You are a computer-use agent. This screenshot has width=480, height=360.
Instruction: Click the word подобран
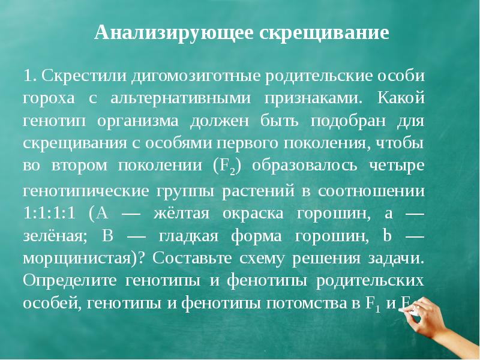click(x=347, y=121)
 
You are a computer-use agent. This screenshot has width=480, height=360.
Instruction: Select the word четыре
click(x=397, y=166)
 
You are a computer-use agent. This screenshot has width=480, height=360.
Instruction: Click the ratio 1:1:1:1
click(x=49, y=214)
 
